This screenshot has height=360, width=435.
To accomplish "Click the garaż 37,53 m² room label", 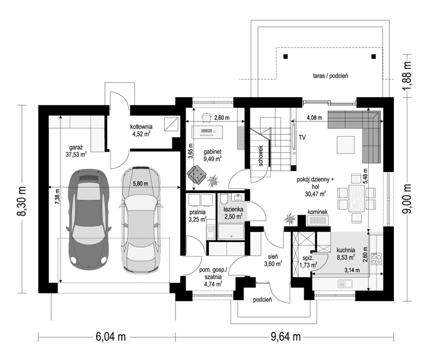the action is (x=76, y=151).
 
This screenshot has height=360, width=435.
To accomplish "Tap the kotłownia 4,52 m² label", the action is (x=141, y=130).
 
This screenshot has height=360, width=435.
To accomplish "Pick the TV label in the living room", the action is (x=302, y=138).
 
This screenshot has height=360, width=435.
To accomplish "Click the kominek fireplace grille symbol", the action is (x=318, y=221).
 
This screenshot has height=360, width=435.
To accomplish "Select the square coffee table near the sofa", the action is (x=346, y=144).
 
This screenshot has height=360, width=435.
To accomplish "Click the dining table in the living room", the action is (x=357, y=198).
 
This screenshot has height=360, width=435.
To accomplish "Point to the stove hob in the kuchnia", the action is (x=376, y=259).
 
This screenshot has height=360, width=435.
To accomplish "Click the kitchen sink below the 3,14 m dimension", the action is (x=345, y=283).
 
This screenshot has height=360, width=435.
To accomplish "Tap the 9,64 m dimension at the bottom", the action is (x=285, y=337).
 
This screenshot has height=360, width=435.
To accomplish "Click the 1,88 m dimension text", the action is (x=407, y=76).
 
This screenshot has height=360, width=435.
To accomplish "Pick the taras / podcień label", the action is (x=331, y=76).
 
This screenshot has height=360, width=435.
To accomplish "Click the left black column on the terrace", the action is (x=285, y=56).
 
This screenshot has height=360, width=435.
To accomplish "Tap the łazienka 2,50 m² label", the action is (x=234, y=213).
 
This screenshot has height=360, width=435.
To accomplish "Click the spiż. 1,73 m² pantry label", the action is (x=308, y=262).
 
